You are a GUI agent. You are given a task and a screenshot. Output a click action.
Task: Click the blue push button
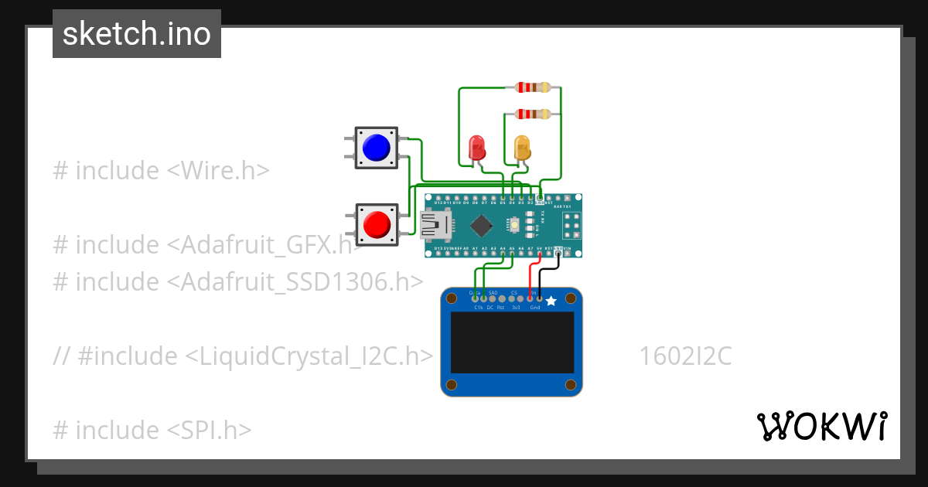376,148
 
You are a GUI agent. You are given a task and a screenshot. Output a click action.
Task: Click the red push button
377,224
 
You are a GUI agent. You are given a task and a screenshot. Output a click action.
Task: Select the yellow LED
523,146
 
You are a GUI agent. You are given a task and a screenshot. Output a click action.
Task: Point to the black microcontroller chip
483,225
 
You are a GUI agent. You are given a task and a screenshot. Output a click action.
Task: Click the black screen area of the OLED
513,342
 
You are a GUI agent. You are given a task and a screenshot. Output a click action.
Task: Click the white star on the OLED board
551,301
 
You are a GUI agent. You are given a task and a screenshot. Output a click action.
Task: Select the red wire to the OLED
531,278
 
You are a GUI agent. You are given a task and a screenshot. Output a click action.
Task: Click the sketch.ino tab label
137,34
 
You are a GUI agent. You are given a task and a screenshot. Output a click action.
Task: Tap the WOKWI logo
821,426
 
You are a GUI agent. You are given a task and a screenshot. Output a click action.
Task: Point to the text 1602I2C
685,356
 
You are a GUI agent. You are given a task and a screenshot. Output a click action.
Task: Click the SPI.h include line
152,430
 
